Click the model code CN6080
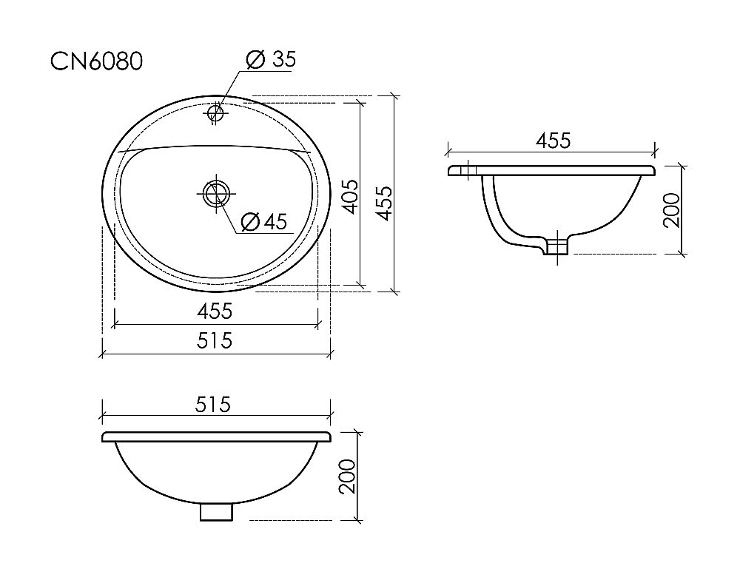pos(96,62)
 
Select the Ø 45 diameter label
pos(263,221)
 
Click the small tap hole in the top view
pos(216,112)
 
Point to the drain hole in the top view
pos(215,193)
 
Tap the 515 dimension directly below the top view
pos(215,340)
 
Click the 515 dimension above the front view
pos(215,405)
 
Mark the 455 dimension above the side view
pos(552,141)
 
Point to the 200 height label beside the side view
pos(671,211)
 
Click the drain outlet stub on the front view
pos(216,511)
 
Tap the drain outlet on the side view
pos(555,246)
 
